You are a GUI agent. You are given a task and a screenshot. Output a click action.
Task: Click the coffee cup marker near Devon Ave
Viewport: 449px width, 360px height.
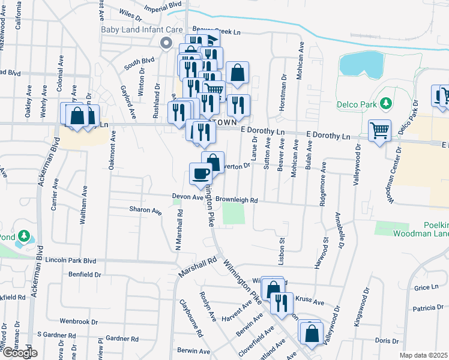tap(200, 174)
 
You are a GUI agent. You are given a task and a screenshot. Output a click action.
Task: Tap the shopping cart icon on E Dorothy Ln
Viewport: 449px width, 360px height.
tap(379, 130)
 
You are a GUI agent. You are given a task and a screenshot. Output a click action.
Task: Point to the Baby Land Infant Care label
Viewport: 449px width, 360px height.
tap(142, 29)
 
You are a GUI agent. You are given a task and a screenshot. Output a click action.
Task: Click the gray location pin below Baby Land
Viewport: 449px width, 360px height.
tap(166, 42)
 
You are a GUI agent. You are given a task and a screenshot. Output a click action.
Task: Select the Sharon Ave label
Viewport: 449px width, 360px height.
tap(145, 211)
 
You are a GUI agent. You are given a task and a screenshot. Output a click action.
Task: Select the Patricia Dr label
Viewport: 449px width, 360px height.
tap(427, 308)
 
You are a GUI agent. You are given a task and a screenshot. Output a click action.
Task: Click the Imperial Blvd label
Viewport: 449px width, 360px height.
tap(164, 8)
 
